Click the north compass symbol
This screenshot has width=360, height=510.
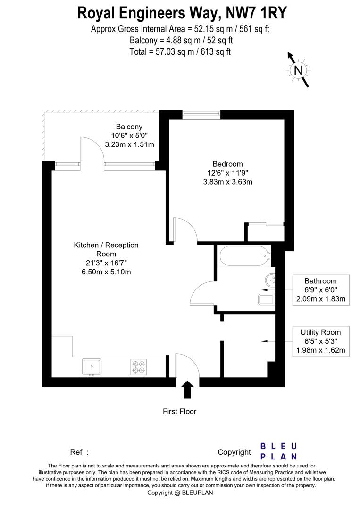[x=298, y=70]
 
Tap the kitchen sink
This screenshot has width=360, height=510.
[x=92, y=366]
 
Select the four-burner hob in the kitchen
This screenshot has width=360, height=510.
[x=139, y=367]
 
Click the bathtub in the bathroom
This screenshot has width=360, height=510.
[x=244, y=256]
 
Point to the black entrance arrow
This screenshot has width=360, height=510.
[x=187, y=390]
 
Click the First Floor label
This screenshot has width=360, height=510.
[x=179, y=411]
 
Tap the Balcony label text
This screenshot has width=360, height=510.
[x=129, y=127]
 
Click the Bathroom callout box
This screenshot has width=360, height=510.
[x=320, y=289]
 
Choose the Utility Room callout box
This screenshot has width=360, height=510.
[x=320, y=341]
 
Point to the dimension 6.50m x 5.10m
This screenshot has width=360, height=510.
[x=106, y=272]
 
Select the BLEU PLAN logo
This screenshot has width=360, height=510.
[x=279, y=451]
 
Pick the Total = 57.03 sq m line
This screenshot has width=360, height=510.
[x=180, y=51]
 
